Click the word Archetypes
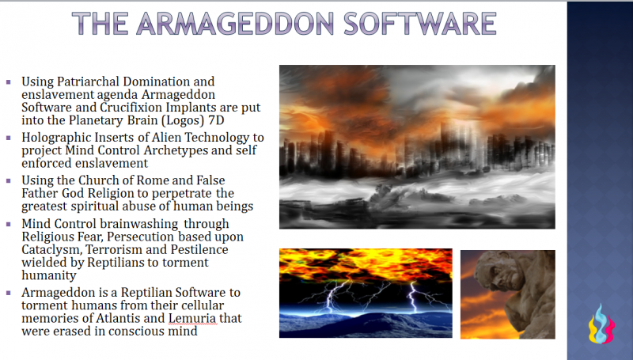177,150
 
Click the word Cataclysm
50,250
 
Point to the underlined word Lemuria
194,319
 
